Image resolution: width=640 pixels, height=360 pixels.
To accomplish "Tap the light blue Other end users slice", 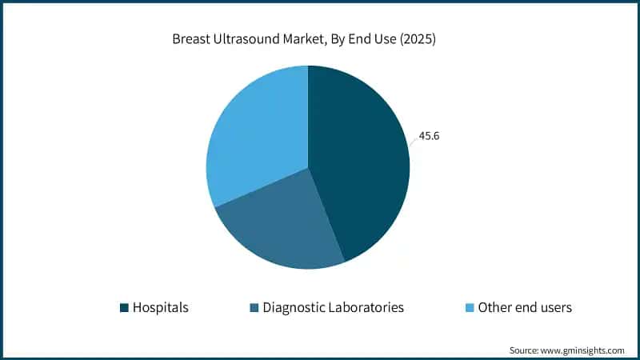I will tap(256, 128).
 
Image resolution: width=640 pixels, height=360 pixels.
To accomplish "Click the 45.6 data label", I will tap(429, 136).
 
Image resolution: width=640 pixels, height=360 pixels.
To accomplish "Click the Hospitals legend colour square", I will tap(124, 307).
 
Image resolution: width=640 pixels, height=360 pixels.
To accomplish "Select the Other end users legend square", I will tap(470, 307).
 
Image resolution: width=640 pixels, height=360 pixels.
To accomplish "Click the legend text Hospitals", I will tap(161, 307).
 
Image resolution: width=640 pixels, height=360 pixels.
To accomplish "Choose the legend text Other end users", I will tap(525, 307).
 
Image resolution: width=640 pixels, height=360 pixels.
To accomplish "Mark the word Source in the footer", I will tap(524, 350).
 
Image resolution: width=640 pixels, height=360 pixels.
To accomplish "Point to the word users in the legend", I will tap(554, 307).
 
